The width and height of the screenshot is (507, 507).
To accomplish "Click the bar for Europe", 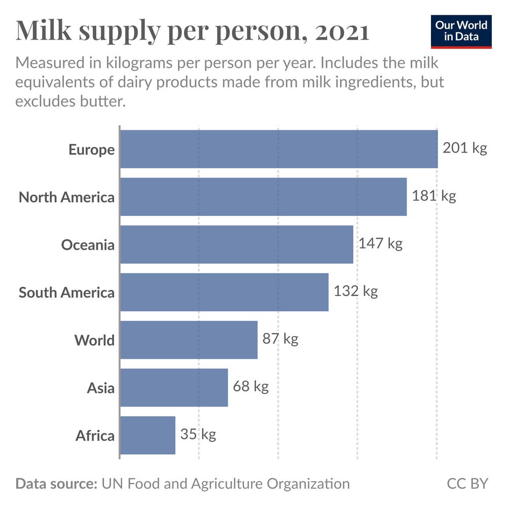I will click(x=278, y=149).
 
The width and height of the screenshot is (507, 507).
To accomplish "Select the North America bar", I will click(x=263, y=197).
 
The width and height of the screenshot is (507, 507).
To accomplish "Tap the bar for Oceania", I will click(x=236, y=244).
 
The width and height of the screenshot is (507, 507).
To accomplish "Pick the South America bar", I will click(x=224, y=292).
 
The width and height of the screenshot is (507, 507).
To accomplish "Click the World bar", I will click(x=189, y=340).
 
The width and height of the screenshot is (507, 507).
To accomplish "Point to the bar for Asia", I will click(x=174, y=387).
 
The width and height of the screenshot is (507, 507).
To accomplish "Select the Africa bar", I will click(x=148, y=435).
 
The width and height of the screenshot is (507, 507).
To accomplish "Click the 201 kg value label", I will click(x=464, y=148).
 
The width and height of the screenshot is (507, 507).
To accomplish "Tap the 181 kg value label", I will click(x=433, y=196).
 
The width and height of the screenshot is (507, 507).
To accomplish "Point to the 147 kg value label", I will click(x=380, y=243).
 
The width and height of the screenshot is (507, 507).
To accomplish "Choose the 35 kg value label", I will click(x=198, y=434).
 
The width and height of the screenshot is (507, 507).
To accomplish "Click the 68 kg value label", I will click(x=250, y=387).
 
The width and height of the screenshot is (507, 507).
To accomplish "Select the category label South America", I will click(x=66, y=293).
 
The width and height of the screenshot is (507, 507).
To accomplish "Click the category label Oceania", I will click(x=88, y=245).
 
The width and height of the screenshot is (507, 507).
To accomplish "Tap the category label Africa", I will click(x=95, y=436).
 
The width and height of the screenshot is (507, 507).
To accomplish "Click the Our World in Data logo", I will click(x=461, y=31).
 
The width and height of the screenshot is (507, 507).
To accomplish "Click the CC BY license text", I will click(x=467, y=483).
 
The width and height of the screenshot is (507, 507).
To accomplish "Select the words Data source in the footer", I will click(x=56, y=483).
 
